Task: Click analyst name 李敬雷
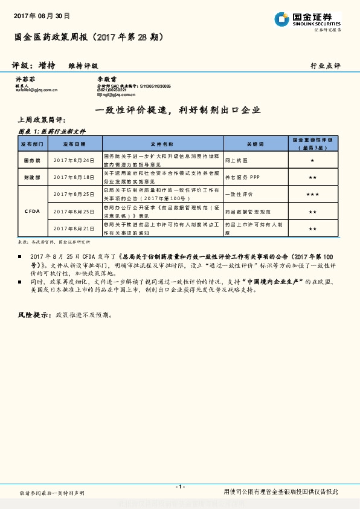(x=108, y=79)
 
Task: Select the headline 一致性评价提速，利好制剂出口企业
(x=170, y=110)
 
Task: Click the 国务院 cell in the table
(x=33, y=160)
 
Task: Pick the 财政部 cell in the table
(x=33, y=178)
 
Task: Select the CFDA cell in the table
(x=33, y=212)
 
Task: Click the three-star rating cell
(x=312, y=195)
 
